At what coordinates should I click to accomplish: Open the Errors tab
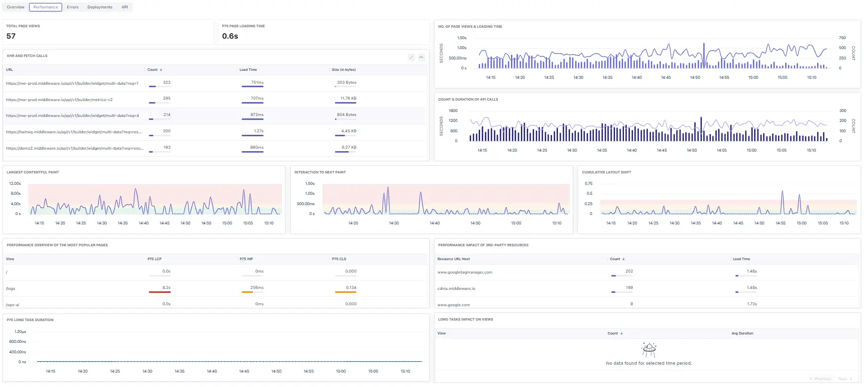pos(72,7)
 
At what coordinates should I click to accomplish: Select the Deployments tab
pos(100,7)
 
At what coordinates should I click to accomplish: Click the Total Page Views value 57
pos(11,36)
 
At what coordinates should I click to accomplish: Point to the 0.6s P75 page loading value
pos(230,36)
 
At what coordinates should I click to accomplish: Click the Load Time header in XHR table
pos(248,70)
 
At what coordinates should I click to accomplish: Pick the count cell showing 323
pos(166,83)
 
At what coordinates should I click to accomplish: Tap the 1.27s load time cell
pos(259,131)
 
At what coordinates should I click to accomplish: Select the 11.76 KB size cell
pos(348,99)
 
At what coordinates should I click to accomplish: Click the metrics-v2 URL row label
pos(59,100)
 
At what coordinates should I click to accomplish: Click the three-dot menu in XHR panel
pos(421,57)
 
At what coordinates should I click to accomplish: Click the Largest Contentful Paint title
pos(33,172)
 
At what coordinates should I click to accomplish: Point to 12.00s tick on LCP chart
pos(15,184)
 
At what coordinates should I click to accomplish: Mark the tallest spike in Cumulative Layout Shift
pos(782,192)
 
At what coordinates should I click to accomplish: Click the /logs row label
pos(10,288)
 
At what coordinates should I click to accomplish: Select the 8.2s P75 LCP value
pos(166,288)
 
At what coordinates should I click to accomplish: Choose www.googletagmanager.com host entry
pos(465,273)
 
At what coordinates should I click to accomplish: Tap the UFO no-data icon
pos(649,350)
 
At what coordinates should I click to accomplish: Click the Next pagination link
pos(843,379)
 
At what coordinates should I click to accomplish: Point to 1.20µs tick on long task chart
pos(20,332)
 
